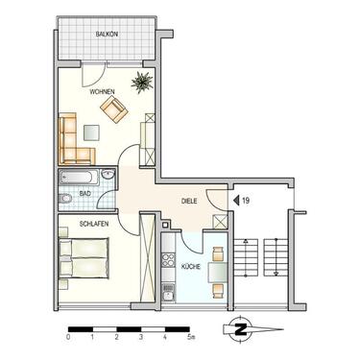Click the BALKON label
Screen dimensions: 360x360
pos(107,36)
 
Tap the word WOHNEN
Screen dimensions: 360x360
pos(103,92)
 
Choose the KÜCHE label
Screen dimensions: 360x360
pos(190,265)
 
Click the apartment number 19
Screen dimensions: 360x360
pos(247,200)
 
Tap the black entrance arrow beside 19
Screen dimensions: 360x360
pos(235,200)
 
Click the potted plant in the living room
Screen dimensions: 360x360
pos(142,84)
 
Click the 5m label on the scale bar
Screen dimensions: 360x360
pos(191,338)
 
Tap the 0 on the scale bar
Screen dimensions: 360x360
pos(68,338)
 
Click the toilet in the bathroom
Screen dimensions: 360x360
pos(65,199)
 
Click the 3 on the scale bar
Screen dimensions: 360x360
pos(141,338)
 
